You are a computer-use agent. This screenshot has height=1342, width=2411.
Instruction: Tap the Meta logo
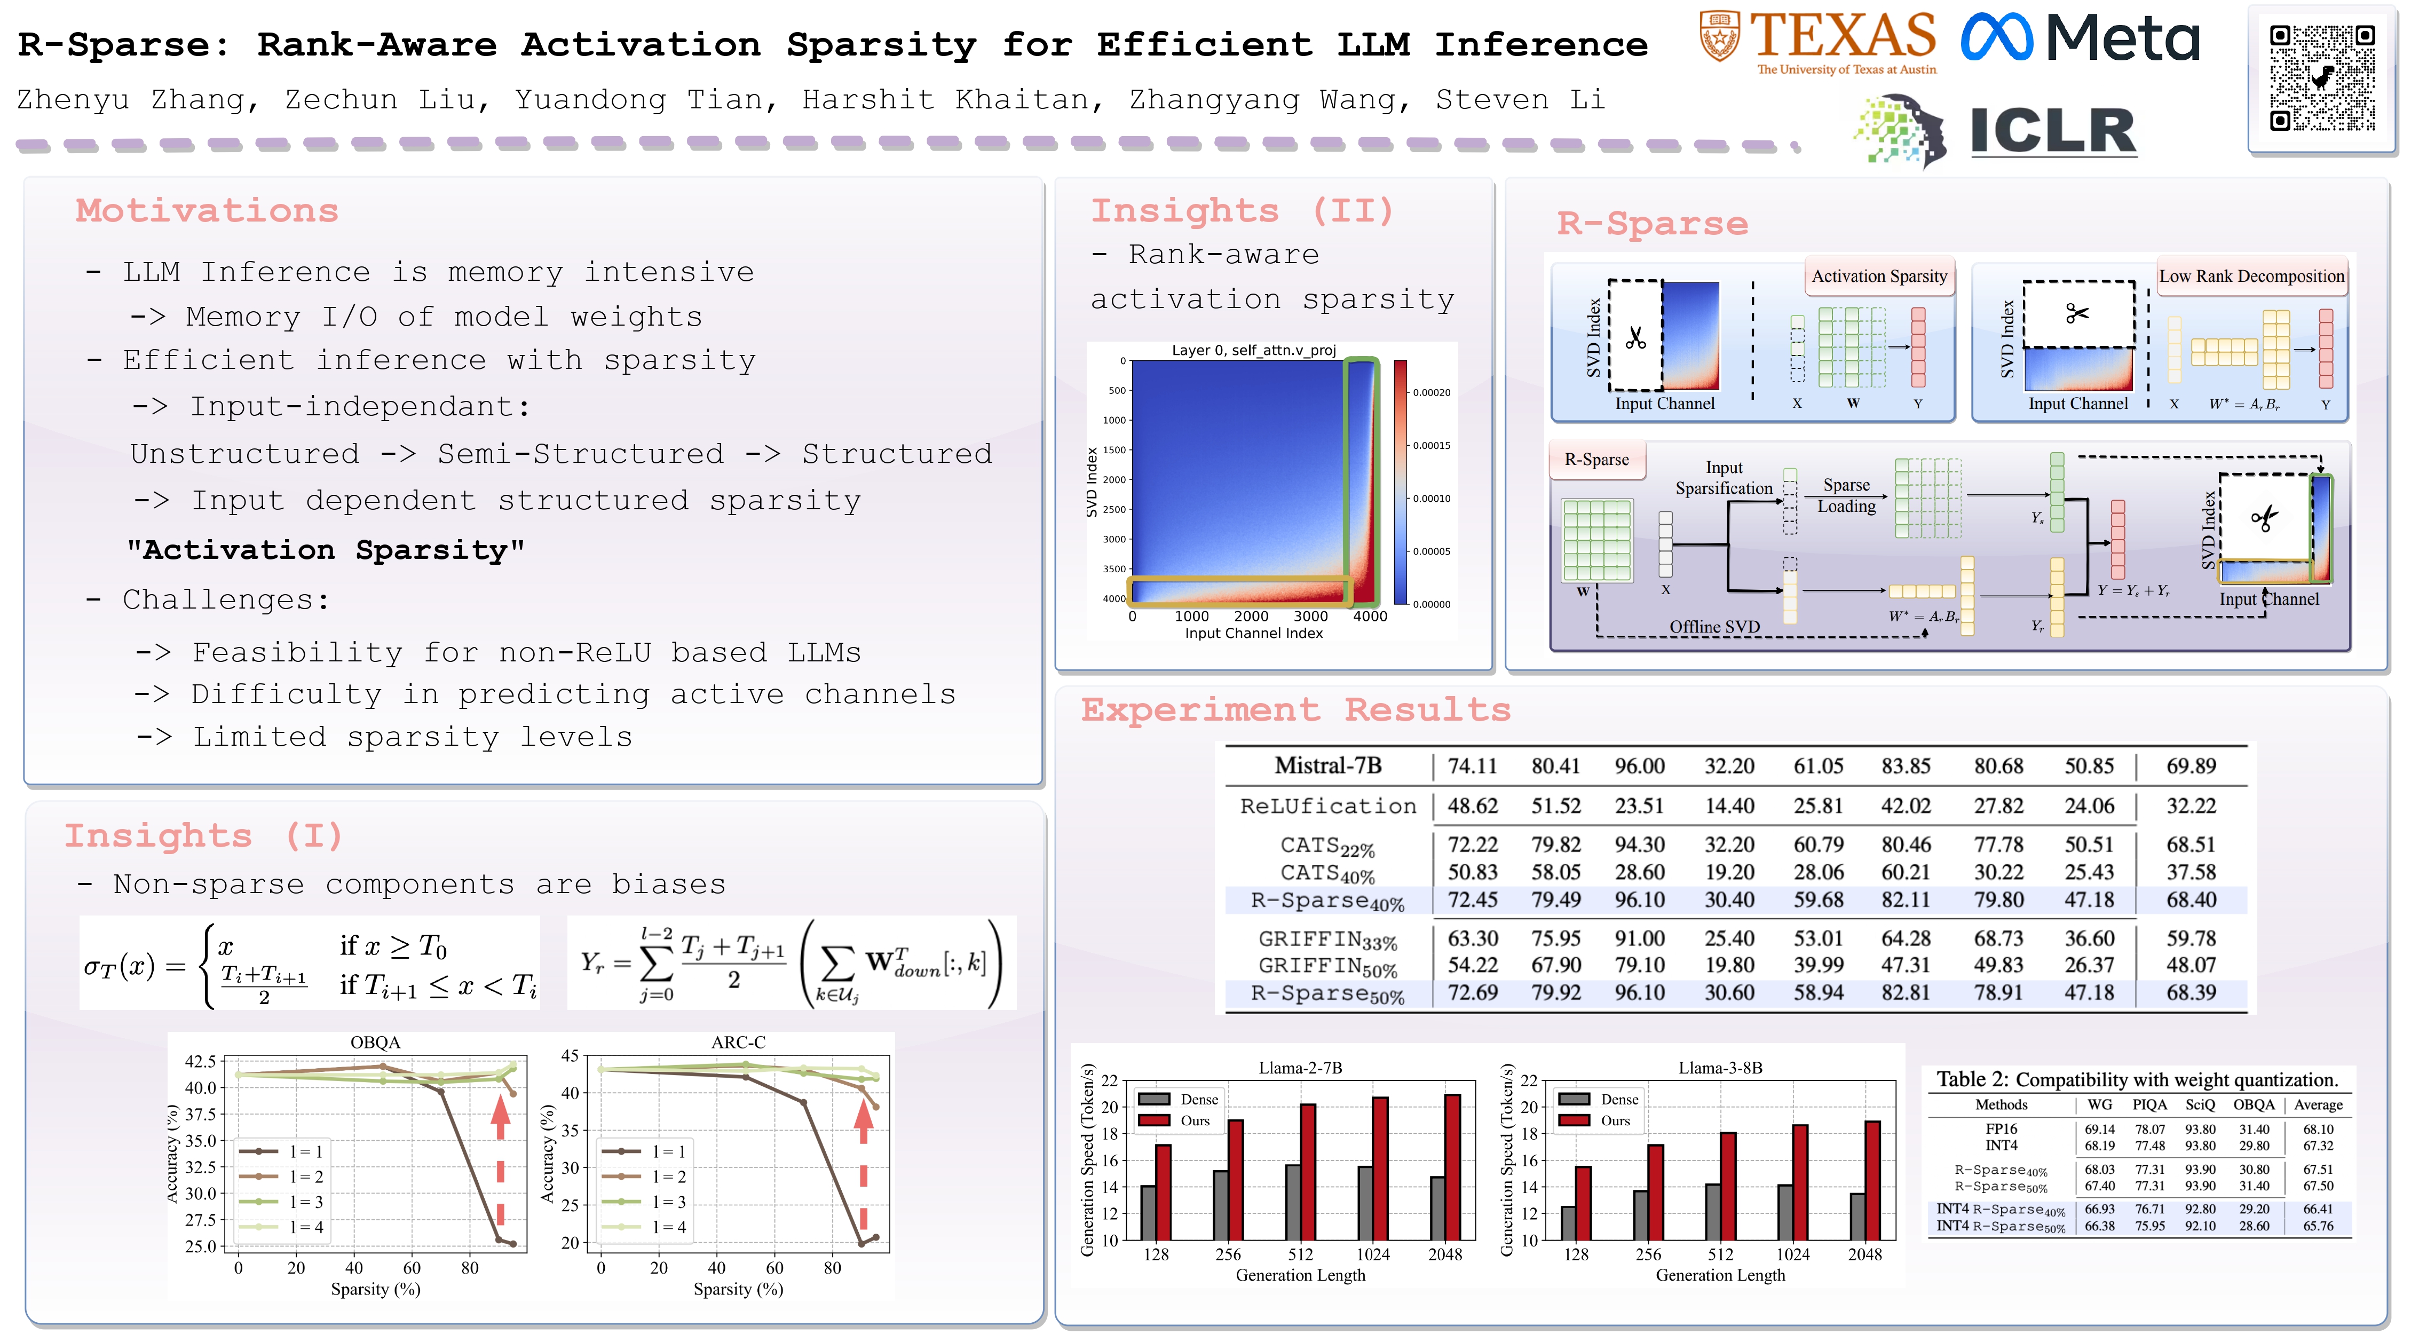[2080, 40]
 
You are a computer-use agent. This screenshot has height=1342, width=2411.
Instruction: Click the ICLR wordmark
[2052, 131]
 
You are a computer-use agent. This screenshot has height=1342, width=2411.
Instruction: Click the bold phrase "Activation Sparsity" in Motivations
[326, 550]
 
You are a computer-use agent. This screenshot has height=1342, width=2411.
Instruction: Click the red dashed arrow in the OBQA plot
[501, 1161]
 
